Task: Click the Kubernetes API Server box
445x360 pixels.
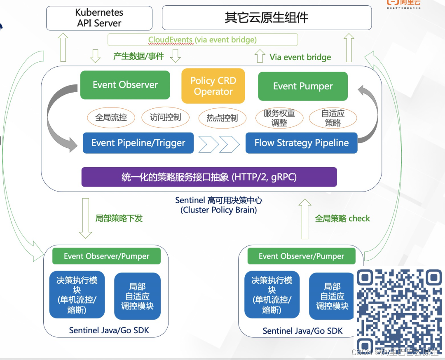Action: pyautogui.click(x=99, y=18)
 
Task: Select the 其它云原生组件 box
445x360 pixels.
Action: pyautogui.click(x=267, y=18)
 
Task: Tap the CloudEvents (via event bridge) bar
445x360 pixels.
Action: pyautogui.click(x=202, y=40)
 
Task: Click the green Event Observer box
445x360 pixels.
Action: pyautogui.click(x=125, y=85)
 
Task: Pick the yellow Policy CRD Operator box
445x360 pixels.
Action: pyautogui.click(x=213, y=86)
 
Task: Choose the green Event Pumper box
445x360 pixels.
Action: pyautogui.click(x=302, y=86)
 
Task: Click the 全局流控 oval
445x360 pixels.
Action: pyautogui.click(x=111, y=117)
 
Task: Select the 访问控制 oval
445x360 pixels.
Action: pyautogui.click(x=165, y=117)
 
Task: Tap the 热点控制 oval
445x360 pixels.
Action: pyautogui.click(x=222, y=118)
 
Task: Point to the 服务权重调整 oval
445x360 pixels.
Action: pyautogui.click(x=279, y=118)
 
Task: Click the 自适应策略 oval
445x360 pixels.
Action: pyautogui.click(x=333, y=118)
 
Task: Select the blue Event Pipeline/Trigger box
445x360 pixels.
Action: pyautogui.click(x=138, y=143)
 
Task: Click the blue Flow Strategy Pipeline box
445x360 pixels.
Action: pyautogui.click(x=301, y=143)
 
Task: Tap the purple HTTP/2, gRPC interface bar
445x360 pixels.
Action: pyautogui.click(x=209, y=177)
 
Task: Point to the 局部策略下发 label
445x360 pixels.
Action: pyautogui.click(x=119, y=218)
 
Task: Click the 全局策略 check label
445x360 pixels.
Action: pyautogui.click(x=342, y=218)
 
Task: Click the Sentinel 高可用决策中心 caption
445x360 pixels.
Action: pyautogui.click(x=218, y=205)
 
